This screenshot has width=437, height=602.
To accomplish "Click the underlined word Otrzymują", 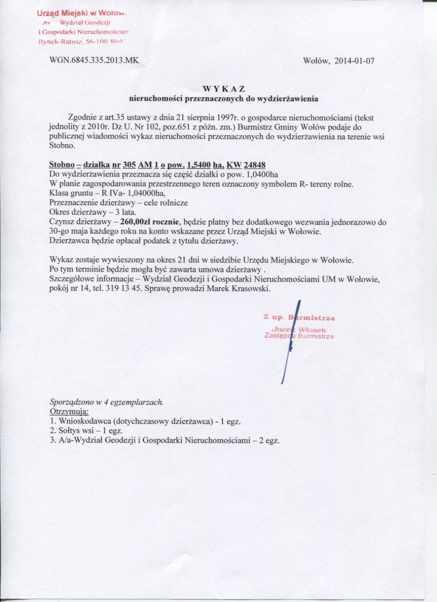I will pos(69,412).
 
